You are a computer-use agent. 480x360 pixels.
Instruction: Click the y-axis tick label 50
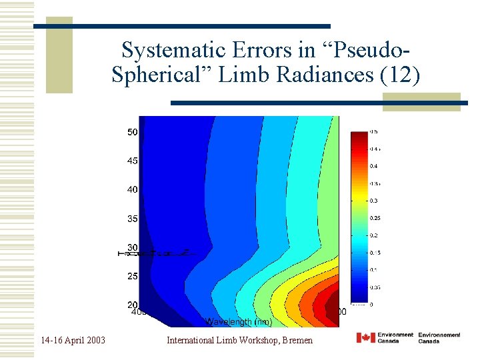coord(133,132)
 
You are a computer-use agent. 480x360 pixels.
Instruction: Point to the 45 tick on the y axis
coord(133,161)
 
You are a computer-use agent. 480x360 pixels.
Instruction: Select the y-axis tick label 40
coord(133,189)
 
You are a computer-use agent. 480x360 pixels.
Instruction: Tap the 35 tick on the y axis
coord(133,219)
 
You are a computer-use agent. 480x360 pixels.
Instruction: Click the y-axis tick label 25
coord(133,276)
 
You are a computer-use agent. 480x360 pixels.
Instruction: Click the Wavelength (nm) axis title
coord(238,322)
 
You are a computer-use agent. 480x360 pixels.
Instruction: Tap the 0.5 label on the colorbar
coord(375,131)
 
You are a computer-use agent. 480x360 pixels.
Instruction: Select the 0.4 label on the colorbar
coord(375,166)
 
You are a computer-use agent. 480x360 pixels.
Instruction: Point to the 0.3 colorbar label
coord(375,201)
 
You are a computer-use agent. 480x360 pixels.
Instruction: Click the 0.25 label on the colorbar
coord(376,218)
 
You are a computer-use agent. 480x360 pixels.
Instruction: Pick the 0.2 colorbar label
coord(375,235)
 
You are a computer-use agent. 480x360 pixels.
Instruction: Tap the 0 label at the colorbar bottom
coord(372,305)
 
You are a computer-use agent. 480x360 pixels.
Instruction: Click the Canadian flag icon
coord(365,338)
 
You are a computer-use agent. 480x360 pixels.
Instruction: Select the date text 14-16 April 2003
coord(72,341)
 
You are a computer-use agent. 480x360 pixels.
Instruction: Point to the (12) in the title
coord(400,75)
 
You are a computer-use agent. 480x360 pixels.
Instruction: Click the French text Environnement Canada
coord(439,338)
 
